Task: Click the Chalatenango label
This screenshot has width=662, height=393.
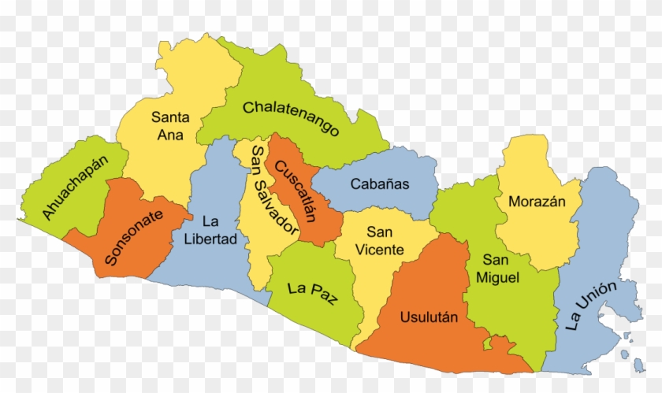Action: coord(290,117)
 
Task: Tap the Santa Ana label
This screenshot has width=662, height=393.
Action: coord(170,126)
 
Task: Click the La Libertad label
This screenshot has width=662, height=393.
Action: coord(209,230)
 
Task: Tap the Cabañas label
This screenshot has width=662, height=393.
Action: coord(380,184)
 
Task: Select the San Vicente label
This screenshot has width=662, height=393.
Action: coord(380,241)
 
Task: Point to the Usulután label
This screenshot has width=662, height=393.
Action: coord(429,317)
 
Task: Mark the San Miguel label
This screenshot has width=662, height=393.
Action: coord(501,269)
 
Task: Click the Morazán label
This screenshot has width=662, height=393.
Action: coord(537,201)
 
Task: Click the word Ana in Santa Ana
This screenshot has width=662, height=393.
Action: coord(170,135)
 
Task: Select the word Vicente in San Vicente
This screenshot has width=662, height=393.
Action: coord(380,250)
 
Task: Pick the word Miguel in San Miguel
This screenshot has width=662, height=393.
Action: coord(501,277)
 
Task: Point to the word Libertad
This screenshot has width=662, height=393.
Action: coord(209,239)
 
